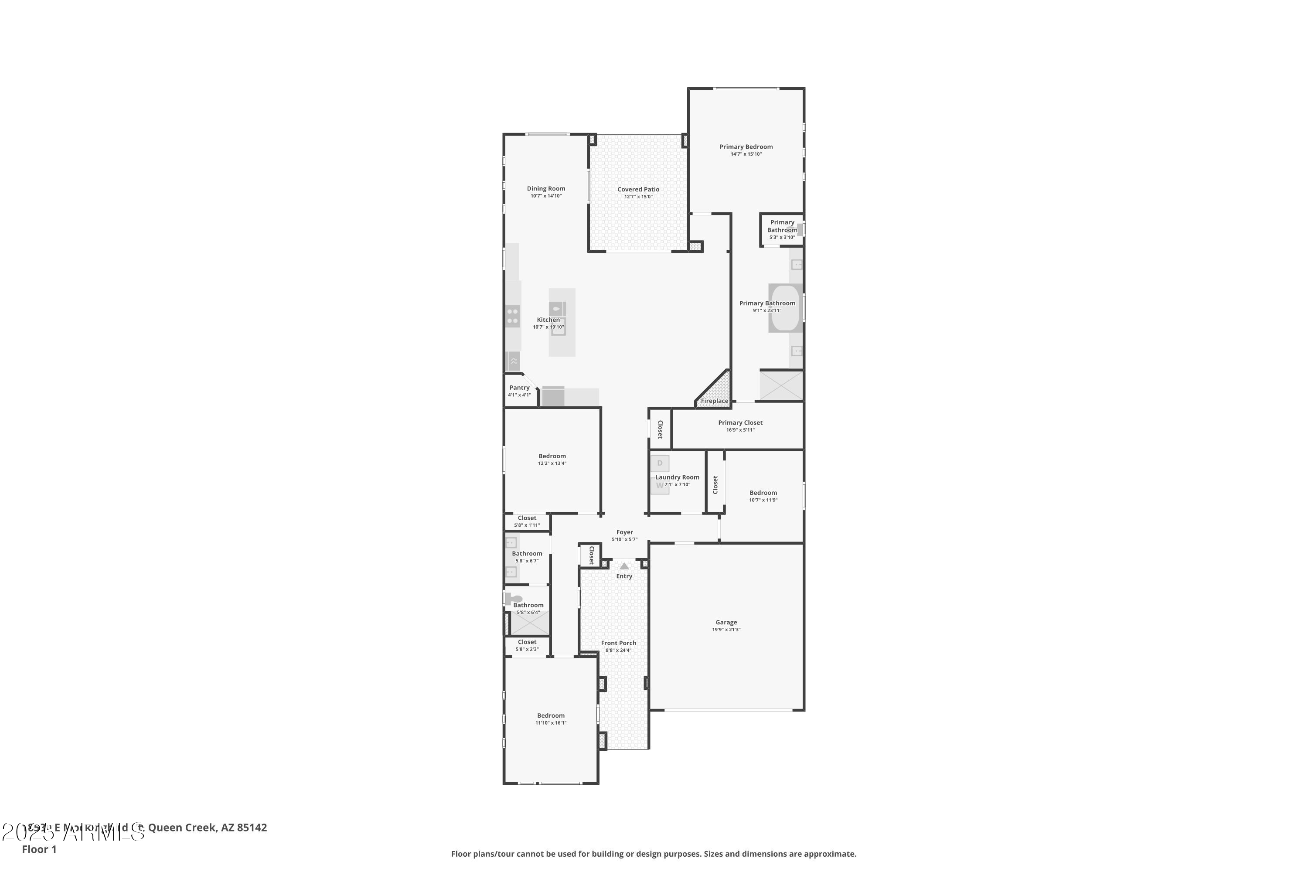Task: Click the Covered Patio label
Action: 638,190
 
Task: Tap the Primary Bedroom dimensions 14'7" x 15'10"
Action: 746,154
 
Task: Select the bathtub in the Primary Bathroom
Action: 785,308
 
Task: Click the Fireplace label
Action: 714,401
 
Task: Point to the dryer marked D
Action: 660,463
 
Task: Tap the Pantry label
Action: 519,388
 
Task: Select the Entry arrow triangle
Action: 624,566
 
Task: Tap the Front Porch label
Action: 618,643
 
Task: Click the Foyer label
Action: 624,532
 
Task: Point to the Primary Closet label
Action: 740,422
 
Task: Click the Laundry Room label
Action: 678,477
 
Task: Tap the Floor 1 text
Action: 39,849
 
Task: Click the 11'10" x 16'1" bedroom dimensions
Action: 551,723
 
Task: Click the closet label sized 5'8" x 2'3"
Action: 527,642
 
